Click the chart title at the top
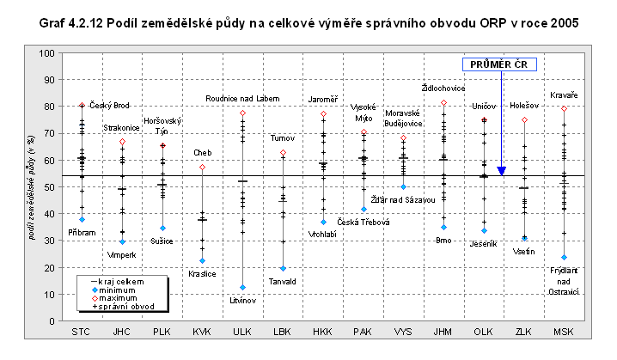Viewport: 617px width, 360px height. (x=308, y=24)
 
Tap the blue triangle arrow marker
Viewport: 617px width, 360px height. (x=501, y=171)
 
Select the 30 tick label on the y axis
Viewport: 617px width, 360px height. (x=48, y=241)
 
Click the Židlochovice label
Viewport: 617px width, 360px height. (x=444, y=88)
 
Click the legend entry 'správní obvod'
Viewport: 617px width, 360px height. (x=118, y=306)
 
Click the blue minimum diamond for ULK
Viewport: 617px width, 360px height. (x=242, y=287)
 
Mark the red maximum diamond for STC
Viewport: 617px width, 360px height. (x=82, y=106)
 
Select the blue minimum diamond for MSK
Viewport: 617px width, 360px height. (x=564, y=257)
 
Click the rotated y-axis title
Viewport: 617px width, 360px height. (x=32, y=187)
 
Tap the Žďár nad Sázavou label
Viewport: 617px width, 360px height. (x=402, y=199)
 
